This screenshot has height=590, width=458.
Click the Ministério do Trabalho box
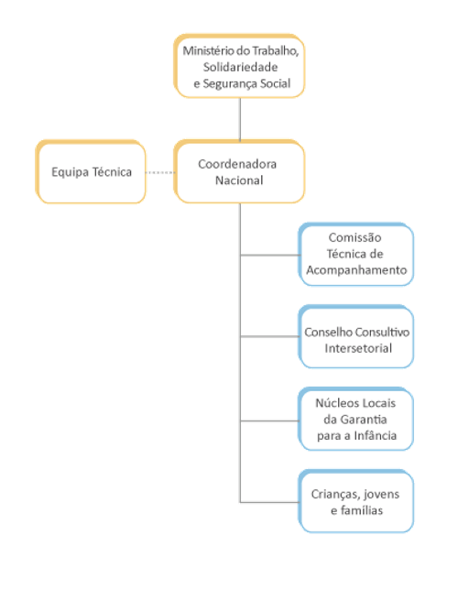click(x=240, y=66)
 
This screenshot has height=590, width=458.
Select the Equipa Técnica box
click(x=91, y=171)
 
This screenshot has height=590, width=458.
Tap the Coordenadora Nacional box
click(x=240, y=171)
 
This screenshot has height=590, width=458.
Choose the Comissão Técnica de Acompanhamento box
click(x=356, y=254)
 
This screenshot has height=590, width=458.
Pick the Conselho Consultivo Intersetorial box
click(x=356, y=338)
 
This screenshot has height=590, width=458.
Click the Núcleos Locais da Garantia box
click(x=356, y=419)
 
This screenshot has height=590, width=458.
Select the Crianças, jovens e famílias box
click(x=356, y=501)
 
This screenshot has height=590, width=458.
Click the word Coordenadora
click(x=237, y=163)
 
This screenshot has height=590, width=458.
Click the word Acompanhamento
click(x=356, y=270)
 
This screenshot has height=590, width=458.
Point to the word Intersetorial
click(x=356, y=348)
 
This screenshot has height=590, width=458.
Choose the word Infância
click(x=375, y=435)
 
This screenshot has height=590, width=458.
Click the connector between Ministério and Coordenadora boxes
click(x=240, y=118)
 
